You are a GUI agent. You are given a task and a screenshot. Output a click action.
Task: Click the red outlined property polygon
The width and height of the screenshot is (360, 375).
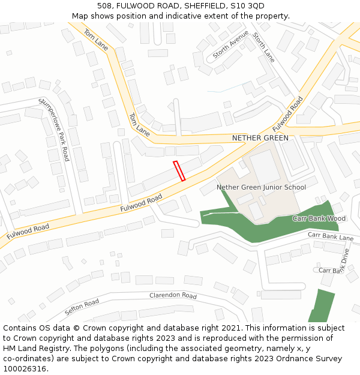[179, 170]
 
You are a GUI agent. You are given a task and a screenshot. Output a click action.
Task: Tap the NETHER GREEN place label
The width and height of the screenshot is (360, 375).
[260, 138]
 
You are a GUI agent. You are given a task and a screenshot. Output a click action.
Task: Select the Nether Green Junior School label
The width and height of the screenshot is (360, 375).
[261, 187]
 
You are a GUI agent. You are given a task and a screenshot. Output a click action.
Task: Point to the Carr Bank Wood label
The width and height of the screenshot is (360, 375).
[319, 218]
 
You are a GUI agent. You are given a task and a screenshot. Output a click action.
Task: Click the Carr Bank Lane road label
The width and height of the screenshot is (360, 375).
[331, 236]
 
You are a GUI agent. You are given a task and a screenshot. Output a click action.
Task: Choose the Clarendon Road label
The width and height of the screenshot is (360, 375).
[173, 296]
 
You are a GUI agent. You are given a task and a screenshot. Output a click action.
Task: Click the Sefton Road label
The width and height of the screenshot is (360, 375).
[82, 307]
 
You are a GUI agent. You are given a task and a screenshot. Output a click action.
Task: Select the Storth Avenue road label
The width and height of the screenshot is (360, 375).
[230, 44]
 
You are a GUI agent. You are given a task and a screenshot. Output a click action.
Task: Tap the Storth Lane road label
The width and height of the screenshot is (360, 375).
[263, 47]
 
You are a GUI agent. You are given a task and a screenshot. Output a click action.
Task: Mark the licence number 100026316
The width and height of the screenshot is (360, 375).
[23, 368]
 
